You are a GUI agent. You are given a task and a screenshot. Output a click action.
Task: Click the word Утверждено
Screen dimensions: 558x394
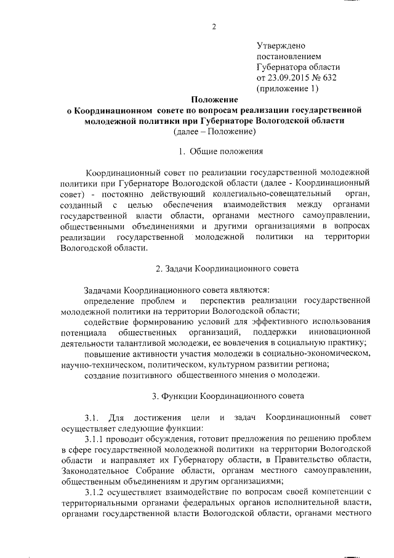point(281,46)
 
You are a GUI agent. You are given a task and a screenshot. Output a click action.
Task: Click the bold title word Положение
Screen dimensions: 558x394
point(214,99)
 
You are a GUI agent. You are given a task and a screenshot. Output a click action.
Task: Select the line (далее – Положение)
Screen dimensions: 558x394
point(214,131)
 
